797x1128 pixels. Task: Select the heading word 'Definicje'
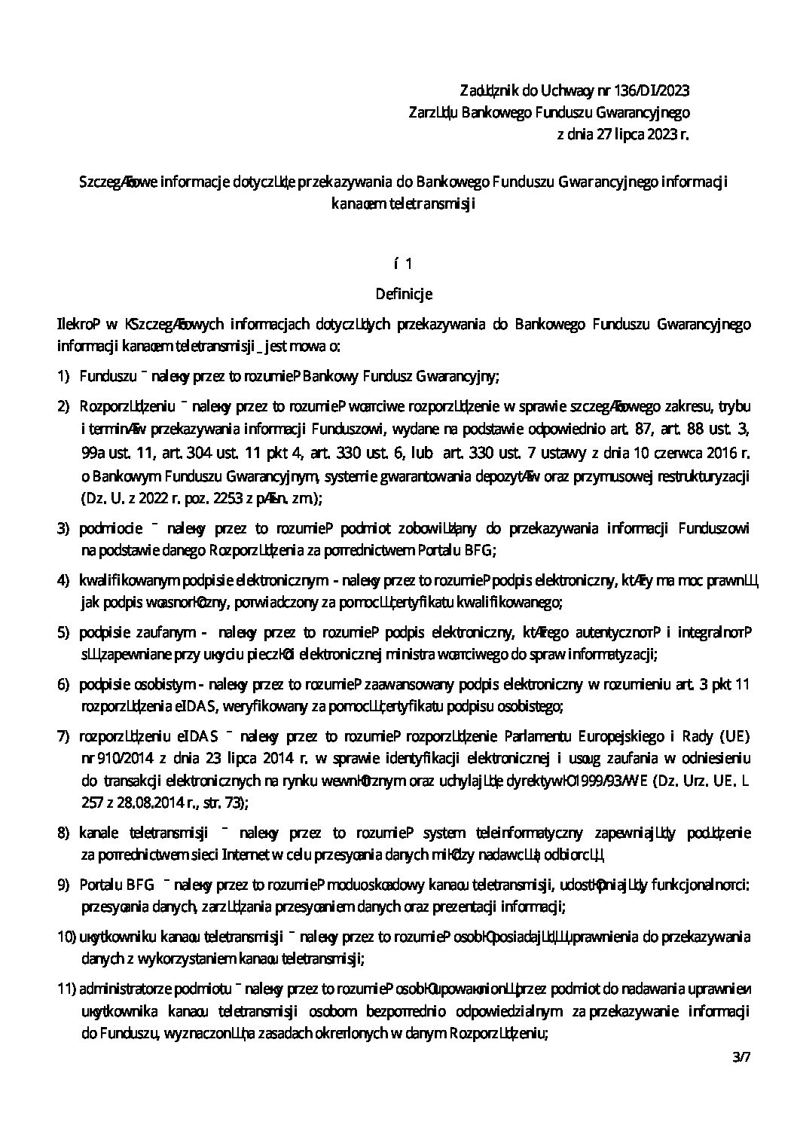(403, 292)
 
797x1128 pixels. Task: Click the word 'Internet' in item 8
(245, 854)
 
